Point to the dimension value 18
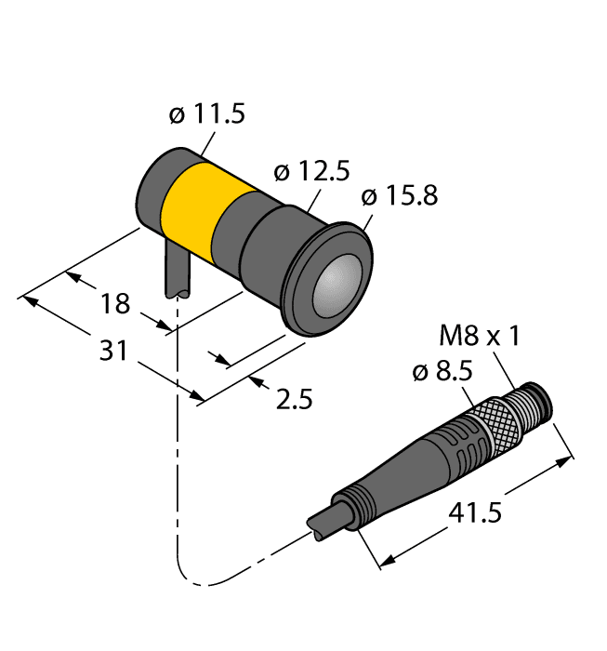click(116, 304)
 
